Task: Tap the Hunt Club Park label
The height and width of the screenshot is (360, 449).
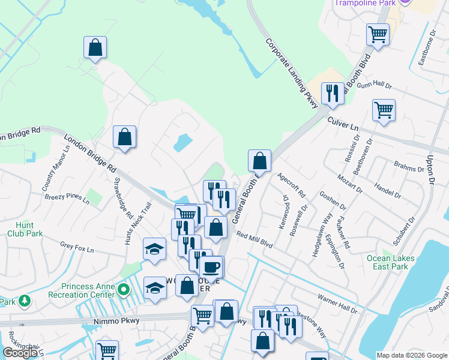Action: pyautogui.click(x=25, y=229)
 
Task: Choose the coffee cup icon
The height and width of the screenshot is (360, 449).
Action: pyautogui.click(x=210, y=265)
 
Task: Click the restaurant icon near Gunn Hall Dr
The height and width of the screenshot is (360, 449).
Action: pyautogui.click(x=332, y=94)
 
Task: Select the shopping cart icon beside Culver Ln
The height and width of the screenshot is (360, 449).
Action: pyautogui.click(x=384, y=110)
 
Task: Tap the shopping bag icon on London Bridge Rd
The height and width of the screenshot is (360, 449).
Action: pyautogui.click(x=124, y=137)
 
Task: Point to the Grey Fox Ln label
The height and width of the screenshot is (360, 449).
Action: pyautogui.click(x=74, y=245)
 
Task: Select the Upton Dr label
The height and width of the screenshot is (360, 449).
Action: pyautogui.click(x=429, y=169)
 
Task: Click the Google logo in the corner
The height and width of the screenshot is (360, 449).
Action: pyautogui.click(x=20, y=353)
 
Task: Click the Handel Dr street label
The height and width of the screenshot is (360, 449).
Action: pyautogui.click(x=387, y=190)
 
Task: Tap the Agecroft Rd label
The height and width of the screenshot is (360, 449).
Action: pyautogui.click(x=292, y=186)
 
